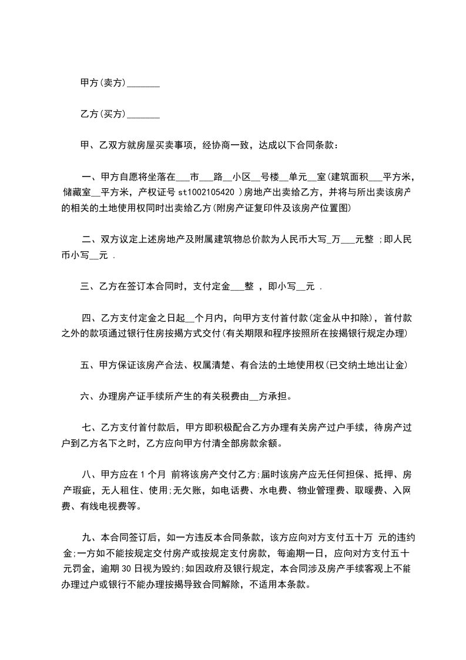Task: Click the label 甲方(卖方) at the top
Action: (103, 84)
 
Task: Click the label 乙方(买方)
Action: (103, 114)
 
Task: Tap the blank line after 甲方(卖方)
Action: (143, 85)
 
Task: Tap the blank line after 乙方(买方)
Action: (143, 115)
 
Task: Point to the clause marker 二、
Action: (91, 239)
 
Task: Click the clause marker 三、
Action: (90, 286)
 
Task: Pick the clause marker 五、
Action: (90, 365)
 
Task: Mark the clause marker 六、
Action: (90, 396)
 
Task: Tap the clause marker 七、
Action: (91, 428)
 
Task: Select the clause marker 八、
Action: (91, 475)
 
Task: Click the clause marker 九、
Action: (91, 538)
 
